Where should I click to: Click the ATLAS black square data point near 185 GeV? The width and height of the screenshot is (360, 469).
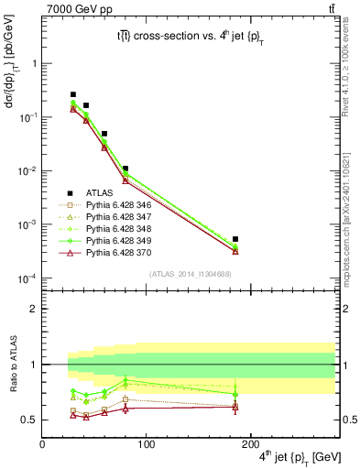coord(235,239)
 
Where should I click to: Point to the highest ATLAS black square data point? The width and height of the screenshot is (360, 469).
coord(73,94)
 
